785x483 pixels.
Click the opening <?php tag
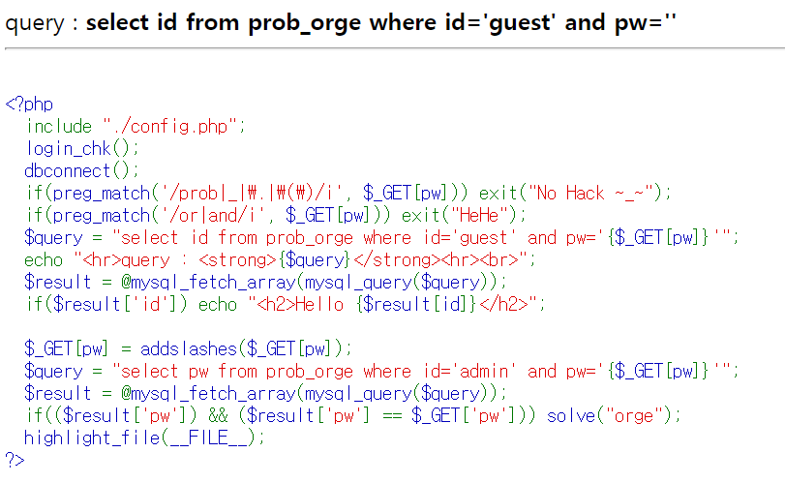(x=29, y=105)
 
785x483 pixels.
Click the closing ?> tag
(x=15, y=460)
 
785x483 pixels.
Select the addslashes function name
(x=189, y=348)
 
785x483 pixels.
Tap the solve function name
(x=571, y=415)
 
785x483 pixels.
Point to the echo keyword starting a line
(x=44, y=259)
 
